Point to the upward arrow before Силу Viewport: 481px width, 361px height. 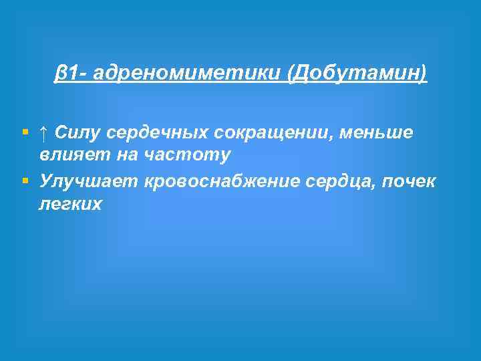(x=43, y=133)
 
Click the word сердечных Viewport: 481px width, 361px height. (x=154, y=133)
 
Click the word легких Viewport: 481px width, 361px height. (x=70, y=204)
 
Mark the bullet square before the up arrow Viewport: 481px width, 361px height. (x=25, y=133)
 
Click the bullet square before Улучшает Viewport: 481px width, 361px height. (x=25, y=181)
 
